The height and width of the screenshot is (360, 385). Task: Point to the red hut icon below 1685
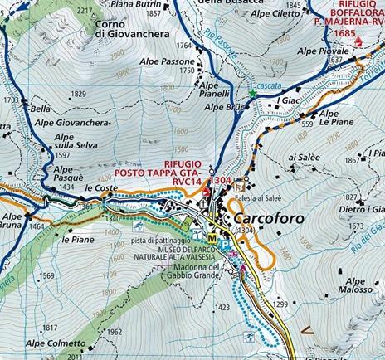pyautogui.click(x=359, y=41)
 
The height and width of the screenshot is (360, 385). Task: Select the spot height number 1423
pyautogui.click(x=221, y=307)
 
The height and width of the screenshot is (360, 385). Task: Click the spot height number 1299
pyautogui.click(x=280, y=305)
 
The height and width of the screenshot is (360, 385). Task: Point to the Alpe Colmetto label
pyautogui.click(x=55, y=343)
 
